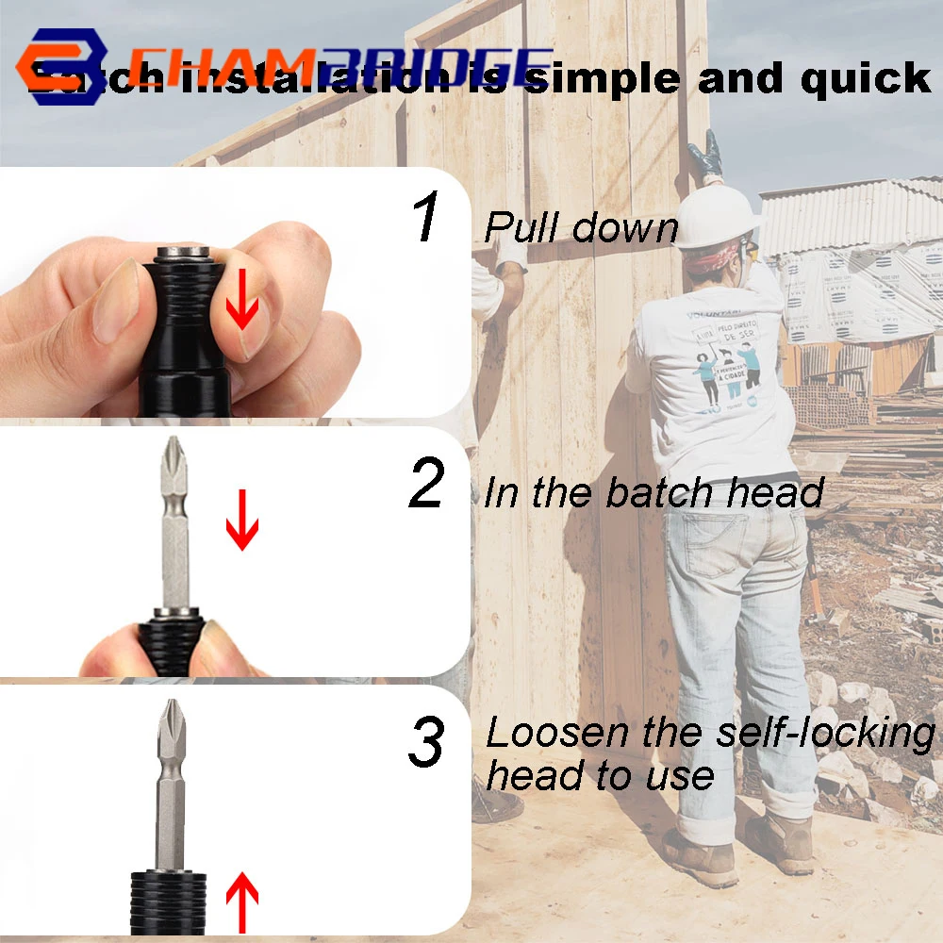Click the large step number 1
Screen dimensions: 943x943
tap(426, 217)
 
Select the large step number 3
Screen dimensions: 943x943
tap(426, 742)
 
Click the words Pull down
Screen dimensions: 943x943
tap(581, 228)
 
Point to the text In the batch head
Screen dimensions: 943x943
tap(653, 493)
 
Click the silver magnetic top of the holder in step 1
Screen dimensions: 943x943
tap(184, 255)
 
